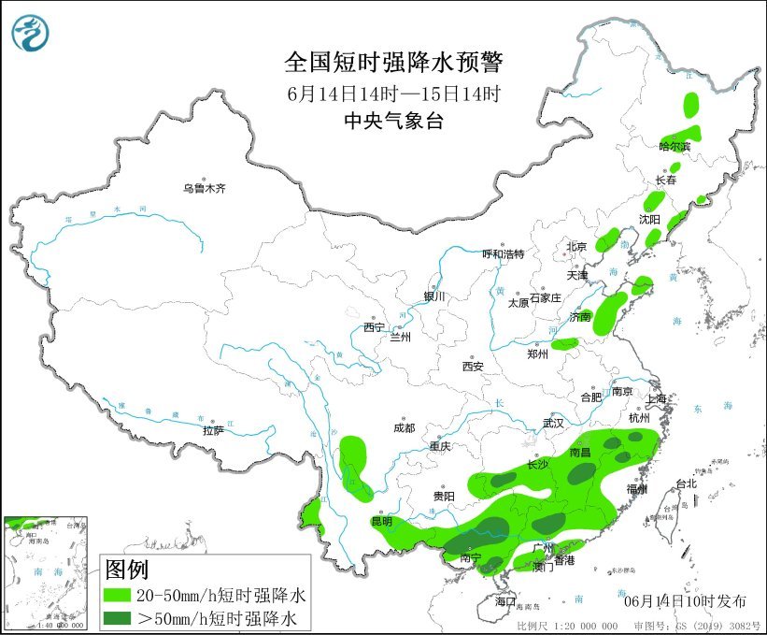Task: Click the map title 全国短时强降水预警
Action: pyautogui.click(x=393, y=63)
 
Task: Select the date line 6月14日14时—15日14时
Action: pyautogui.click(x=393, y=94)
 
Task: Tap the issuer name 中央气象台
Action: pyautogui.click(x=393, y=120)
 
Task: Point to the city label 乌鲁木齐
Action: pyautogui.click(x=204, y=189)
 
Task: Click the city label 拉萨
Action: pyautogui.click(x=213, y=430)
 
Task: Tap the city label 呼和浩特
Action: pyautogui.click(x=503, y=254)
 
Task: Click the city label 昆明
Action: pyautogui.click(x=382, y=521)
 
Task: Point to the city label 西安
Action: pyautogui.click(x=472, y=367)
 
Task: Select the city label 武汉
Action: pyautogui.click(x=553, y=423)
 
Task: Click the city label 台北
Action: pyautogui.click(x=685, y=483)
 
